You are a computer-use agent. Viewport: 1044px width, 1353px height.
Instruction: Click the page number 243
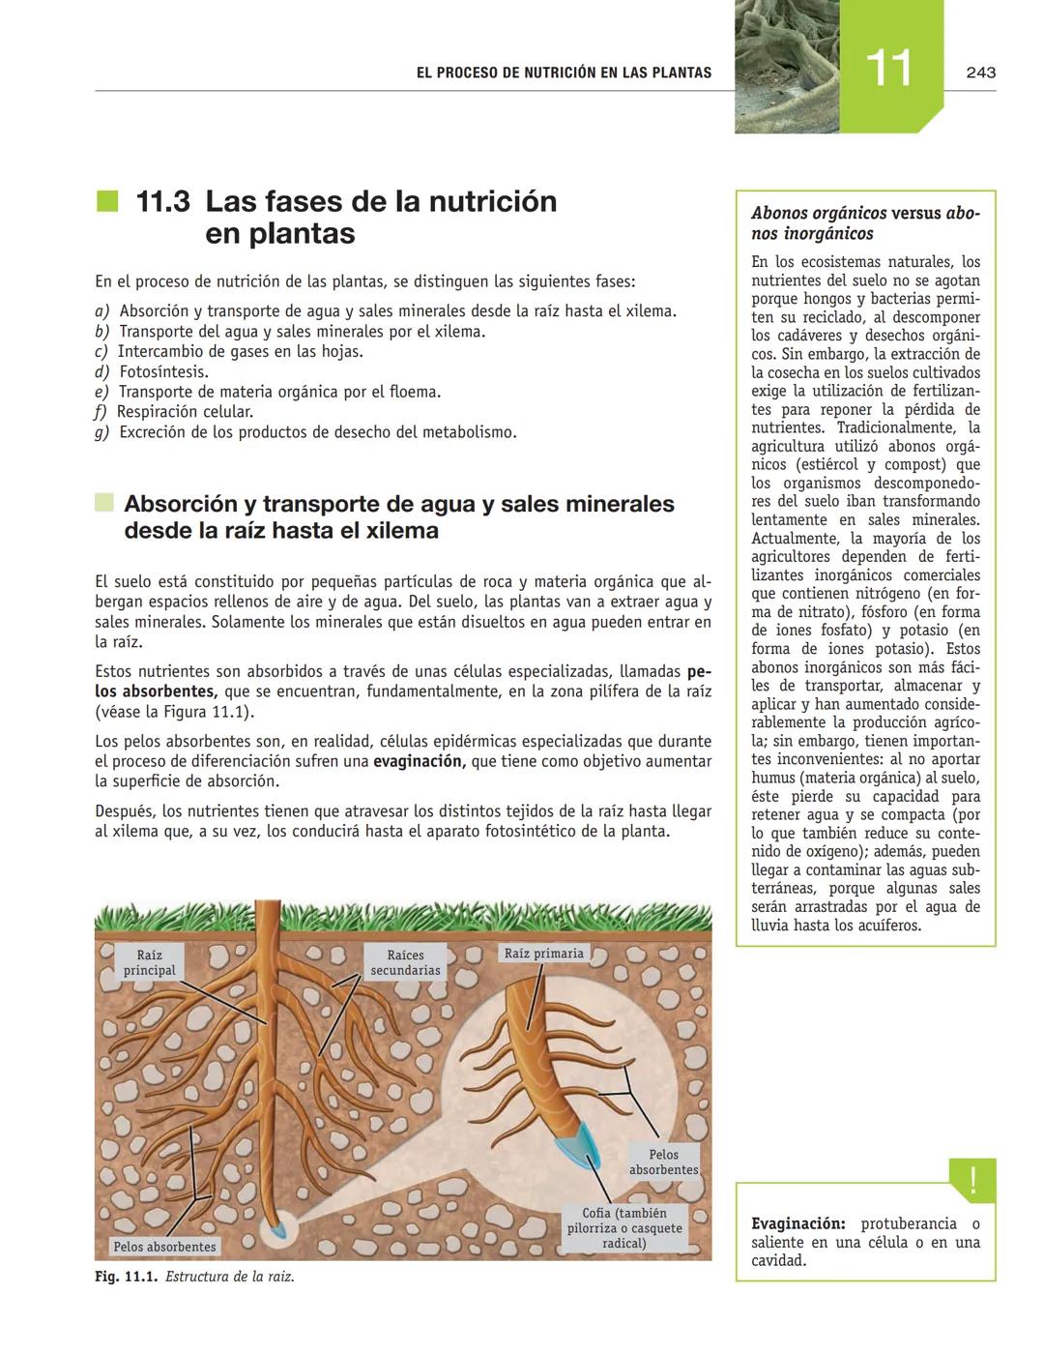point(980,73)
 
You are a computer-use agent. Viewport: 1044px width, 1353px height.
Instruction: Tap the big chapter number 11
point(888,69)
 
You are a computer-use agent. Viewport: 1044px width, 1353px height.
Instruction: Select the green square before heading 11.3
point(106,201)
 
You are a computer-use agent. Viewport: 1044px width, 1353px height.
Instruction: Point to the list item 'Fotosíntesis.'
point(163,371)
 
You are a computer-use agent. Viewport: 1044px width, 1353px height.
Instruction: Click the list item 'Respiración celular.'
point(184,412)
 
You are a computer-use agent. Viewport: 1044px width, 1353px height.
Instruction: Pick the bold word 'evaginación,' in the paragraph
point(419,761)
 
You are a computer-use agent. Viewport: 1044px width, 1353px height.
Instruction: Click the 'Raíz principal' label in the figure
point(149,962)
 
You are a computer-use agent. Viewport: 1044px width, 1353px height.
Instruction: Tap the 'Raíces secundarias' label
point(405,962)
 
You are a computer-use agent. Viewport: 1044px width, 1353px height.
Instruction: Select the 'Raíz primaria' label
point(544,954)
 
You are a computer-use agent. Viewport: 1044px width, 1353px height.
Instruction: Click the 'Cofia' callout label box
point(623,1227)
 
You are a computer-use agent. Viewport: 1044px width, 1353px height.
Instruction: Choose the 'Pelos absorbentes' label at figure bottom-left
point(164,1247)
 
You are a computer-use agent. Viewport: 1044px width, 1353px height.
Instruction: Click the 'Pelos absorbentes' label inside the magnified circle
point(663,1162)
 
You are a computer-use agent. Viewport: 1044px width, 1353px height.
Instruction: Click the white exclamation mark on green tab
point(972,1180)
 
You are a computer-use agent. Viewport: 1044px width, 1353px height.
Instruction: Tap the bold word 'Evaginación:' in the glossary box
point(798,1223)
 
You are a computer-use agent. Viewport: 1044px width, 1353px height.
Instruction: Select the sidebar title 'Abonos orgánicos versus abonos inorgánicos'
point(865,223)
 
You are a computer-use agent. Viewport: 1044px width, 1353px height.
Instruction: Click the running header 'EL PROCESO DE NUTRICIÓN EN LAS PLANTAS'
point(564,73)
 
